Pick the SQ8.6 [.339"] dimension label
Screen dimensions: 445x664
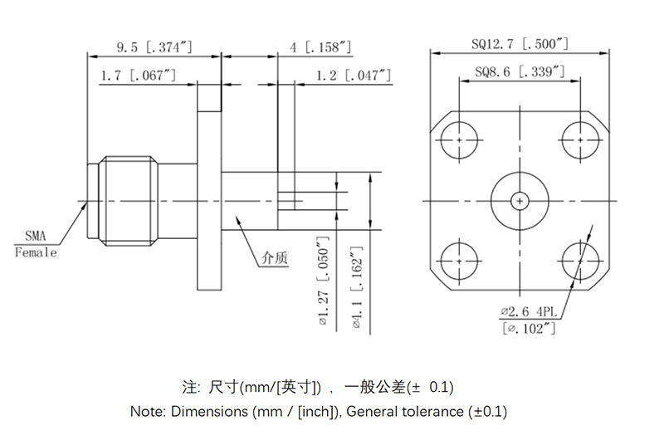click(520, 72)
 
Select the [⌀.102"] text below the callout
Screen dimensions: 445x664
click(529, 328)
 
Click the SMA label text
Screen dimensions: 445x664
click(36, 236)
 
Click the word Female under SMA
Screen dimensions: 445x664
click(36, 252)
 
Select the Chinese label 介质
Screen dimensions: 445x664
click(274, 258)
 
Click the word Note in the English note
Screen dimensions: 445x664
click(148, 411)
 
